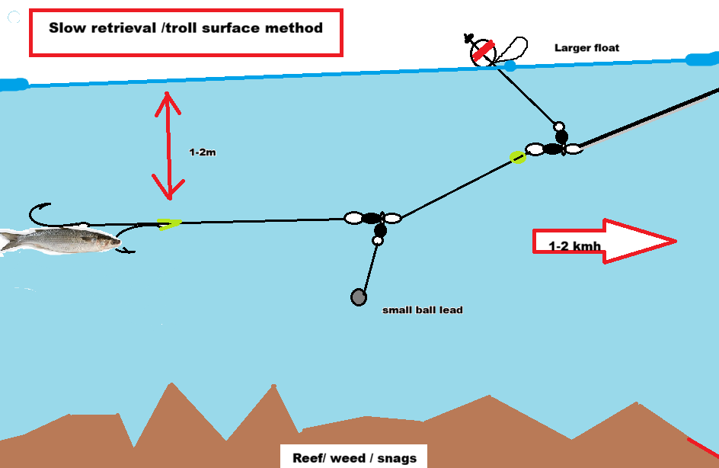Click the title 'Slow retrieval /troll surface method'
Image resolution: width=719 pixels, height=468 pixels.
[x=186, y=28]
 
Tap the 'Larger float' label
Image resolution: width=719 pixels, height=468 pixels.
[x=586, y=48]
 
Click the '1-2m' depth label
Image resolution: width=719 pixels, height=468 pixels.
[x=203, y=152]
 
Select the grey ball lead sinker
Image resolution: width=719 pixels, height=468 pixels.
[x=359, y=297]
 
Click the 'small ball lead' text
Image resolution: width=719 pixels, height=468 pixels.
[x=422, y=310]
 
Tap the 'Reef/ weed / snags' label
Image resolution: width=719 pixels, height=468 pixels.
[x=354, y=458]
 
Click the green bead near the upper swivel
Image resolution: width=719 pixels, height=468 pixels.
[x=518, y=157]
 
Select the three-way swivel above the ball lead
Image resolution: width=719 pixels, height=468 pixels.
[x=372, y=220]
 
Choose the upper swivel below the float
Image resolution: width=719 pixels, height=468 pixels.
[x=555, y=147]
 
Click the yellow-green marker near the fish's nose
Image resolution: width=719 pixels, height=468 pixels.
[x=168, y=224]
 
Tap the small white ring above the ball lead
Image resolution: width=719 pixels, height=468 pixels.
[x=377, y=240]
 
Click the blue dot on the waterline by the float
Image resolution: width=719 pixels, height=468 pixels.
[x=510, y=66]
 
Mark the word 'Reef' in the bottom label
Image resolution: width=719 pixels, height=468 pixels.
[x=307, y=458]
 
